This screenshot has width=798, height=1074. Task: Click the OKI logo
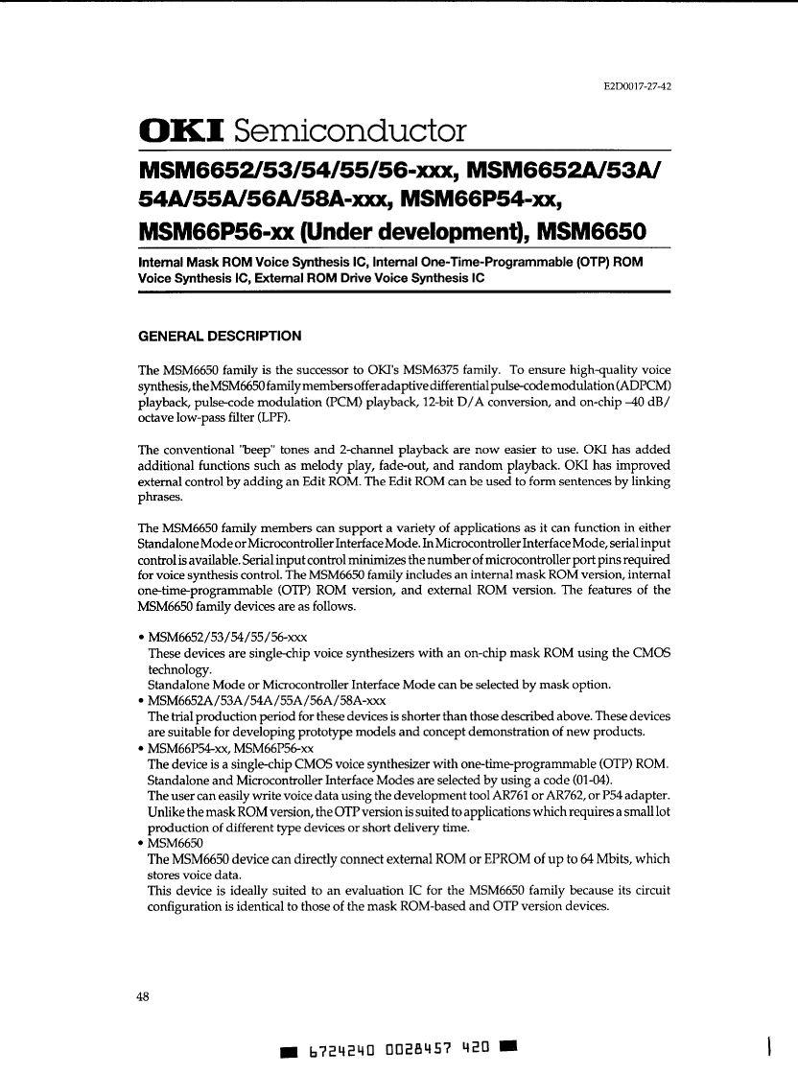coord(181,130)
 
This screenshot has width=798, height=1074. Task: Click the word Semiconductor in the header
coord(350,130)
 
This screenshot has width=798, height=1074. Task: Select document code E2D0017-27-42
coord(637,86)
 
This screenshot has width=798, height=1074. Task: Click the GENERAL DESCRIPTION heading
coord(221,336)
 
